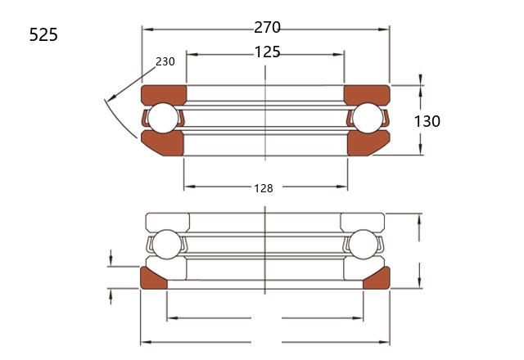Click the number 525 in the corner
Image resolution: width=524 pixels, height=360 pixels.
point(43,34)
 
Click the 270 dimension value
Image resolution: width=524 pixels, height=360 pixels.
point(268,27)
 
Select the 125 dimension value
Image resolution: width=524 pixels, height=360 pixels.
point(268,52)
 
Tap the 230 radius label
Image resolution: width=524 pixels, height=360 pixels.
point(165,61)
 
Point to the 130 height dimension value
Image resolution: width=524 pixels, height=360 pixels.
point(427,121)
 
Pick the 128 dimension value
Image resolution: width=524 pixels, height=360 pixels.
point(264,189)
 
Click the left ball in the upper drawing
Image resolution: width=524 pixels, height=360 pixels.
point(163,118)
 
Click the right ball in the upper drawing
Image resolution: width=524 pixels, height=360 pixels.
point(368,118)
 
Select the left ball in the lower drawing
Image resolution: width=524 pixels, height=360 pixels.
point(166,245)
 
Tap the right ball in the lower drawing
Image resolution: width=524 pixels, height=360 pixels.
point(363,245)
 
